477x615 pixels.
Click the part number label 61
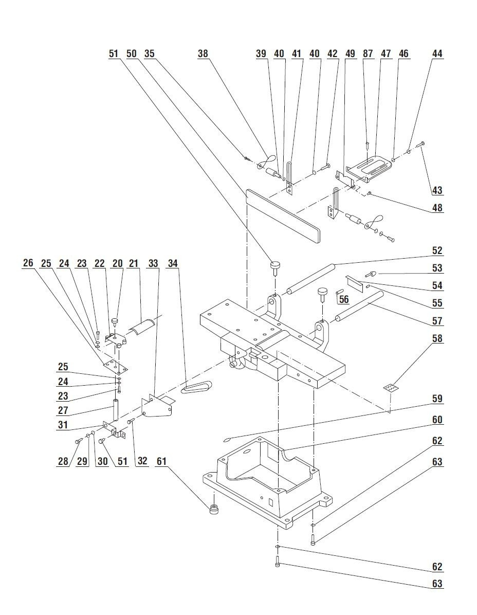[161, 461]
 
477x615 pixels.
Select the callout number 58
[437, 339]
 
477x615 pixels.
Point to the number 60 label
[437, 420]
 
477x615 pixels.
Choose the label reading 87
[368, 53]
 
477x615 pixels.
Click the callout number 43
[437, 190]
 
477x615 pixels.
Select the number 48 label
[437, 208]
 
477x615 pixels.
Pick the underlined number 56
[344, 299]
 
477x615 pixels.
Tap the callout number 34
[173, 263]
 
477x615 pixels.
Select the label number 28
[63, 461]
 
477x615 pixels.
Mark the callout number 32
[142, 461]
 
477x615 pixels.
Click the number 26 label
[28, 263]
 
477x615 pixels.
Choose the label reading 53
[437, 268]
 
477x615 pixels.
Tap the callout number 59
[437, 399]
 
